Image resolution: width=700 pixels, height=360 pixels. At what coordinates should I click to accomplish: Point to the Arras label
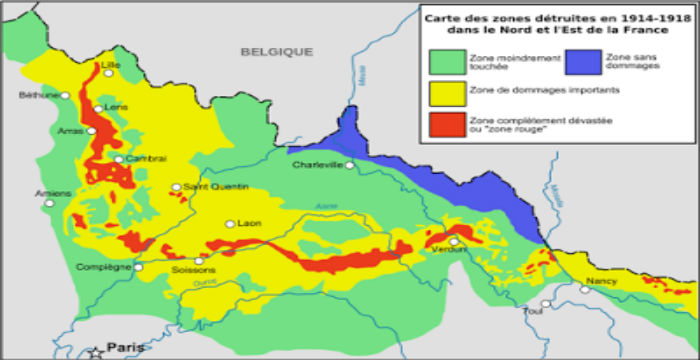pyautogui.click(x=69, y=129)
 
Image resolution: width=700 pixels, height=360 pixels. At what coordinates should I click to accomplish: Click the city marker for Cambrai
pyautogui.click(x=118, y=158)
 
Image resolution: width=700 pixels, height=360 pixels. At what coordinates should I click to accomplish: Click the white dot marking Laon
pyautogui.click(x=230, y=224)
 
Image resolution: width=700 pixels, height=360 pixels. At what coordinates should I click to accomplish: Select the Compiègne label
pyautogui.click(x=103, y=267)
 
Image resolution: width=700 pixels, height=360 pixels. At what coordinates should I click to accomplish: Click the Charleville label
pyautogui.click(x=317, y=165)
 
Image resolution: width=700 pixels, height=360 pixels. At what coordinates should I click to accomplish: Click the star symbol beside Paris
pyautogui.click(x=96, y=350)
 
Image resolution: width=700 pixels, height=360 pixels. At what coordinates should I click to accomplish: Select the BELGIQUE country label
pyautogui.click(x=276, y=51)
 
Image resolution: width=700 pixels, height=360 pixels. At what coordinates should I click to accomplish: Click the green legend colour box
pyautogui.click(x=448, y=62)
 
